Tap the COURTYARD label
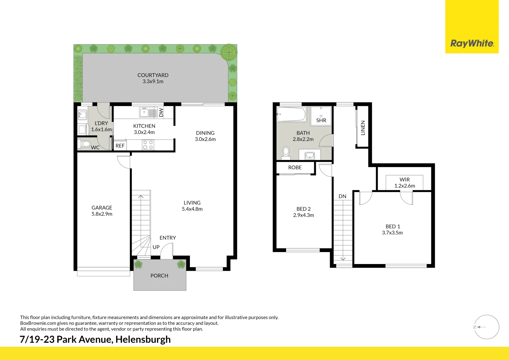[153, 75]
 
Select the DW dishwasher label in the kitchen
[162, 113]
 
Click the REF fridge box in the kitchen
[120, 146]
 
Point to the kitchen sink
[148, 112]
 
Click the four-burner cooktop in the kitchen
[148, 145]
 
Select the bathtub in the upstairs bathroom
[291, 114]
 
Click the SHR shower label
[321, 120]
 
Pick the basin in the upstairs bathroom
[310, 155]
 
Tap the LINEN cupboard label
[363, 128]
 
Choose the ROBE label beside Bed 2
[295, 168]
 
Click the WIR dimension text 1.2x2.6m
[404, 186]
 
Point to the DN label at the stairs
[342, 196]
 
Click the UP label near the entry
[156, 247]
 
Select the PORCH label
[159, 276]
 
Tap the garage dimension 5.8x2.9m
[102, 214]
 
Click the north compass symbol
[487, 327]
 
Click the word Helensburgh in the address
[143, 339]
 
